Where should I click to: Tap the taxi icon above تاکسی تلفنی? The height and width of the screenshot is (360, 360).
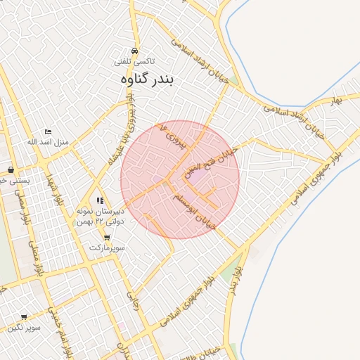135,50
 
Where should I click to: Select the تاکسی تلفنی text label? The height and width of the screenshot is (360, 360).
135,61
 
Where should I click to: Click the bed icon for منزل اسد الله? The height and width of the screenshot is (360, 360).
48,131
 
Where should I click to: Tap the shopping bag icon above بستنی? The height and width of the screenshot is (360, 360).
11,169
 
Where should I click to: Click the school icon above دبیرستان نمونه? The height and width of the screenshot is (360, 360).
100,201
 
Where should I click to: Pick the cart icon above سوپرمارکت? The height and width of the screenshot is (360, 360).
107,238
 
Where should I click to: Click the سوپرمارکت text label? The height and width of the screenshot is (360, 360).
107,248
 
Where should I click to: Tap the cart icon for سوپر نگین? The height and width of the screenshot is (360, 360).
24,317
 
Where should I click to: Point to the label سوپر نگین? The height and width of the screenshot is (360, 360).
24,328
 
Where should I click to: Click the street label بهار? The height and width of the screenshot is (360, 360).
337,101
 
